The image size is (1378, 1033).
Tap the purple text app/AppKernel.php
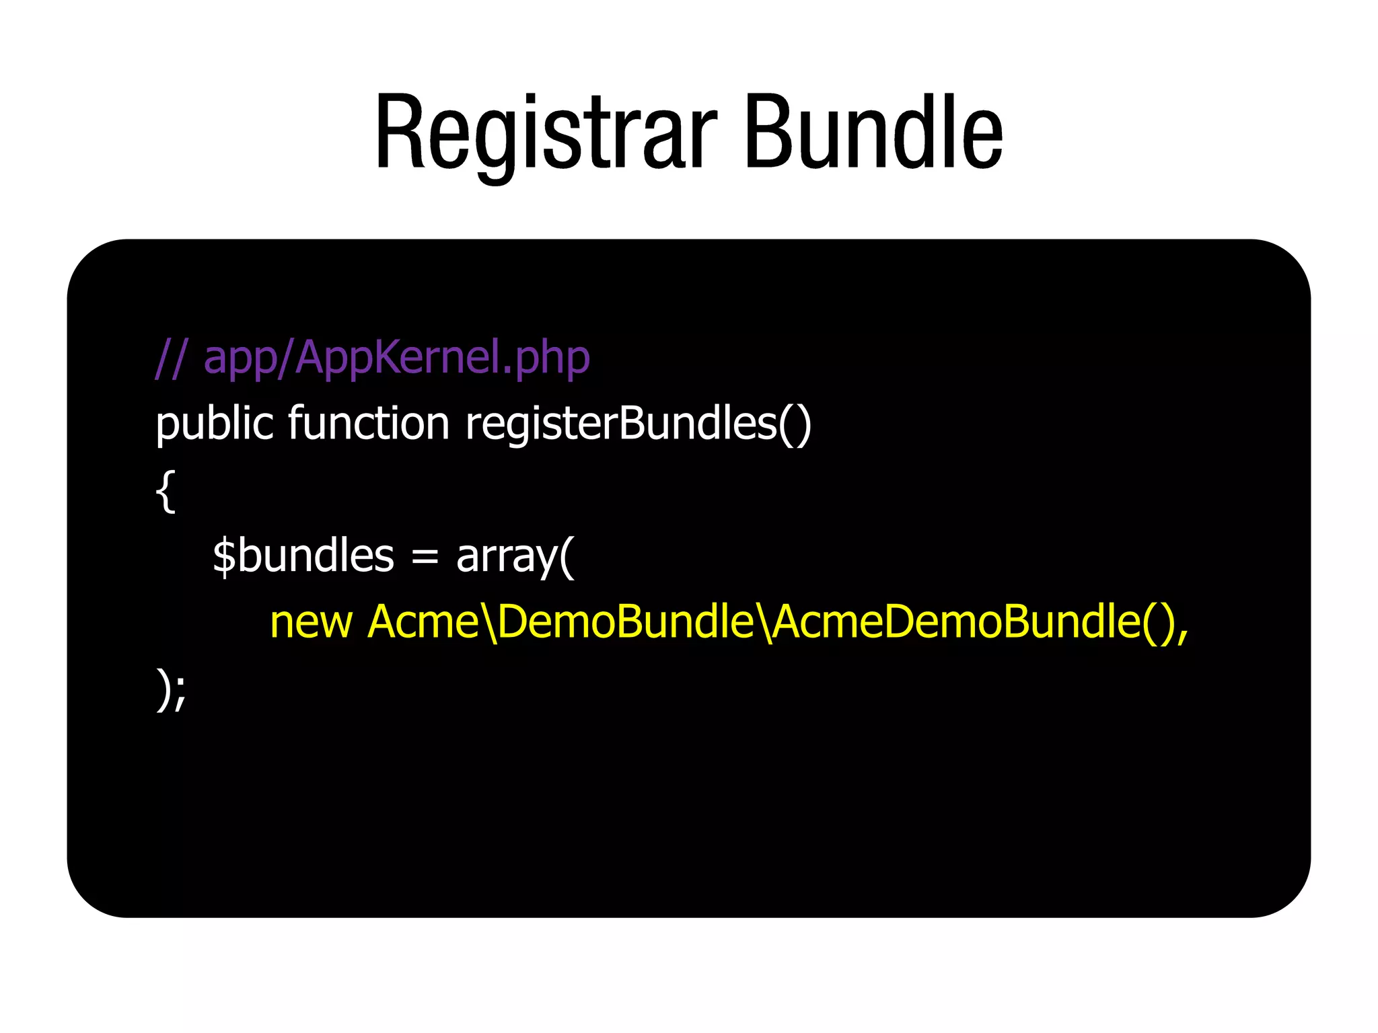point(396,358)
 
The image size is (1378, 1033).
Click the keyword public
point(214,425)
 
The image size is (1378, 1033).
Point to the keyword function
point(368,424)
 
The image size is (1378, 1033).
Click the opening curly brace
point(166,491)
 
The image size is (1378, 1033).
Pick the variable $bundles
point(303,557)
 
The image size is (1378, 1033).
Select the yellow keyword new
point(311,623)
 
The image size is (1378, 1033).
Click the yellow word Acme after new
point(423,621)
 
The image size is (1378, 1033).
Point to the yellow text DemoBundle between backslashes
point(626,621)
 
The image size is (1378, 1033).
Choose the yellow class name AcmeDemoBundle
point(955,621)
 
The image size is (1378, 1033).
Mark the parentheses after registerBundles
point(795,425)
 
